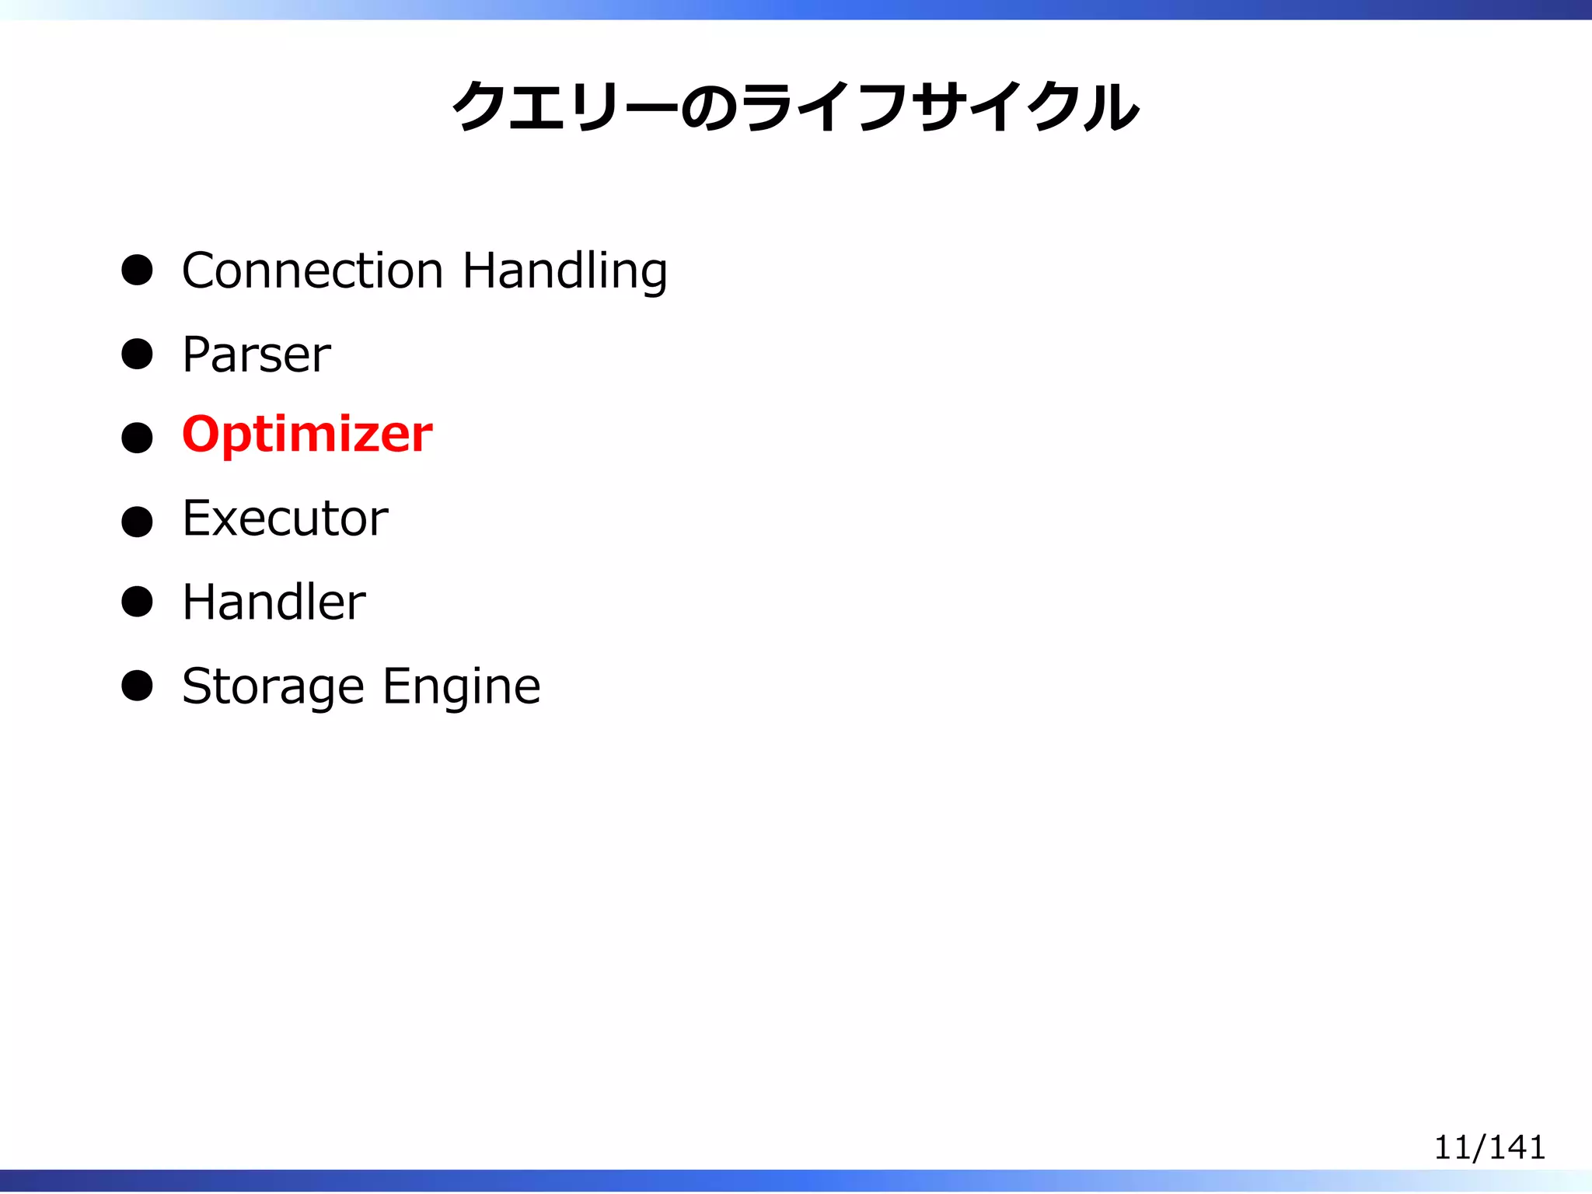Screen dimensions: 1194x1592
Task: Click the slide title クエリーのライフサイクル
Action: coord(795,106)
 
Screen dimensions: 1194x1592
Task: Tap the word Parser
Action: coord(257,354)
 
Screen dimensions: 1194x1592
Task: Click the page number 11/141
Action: coord(1489,1147)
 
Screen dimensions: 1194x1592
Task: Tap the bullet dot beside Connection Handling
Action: coord(137,271)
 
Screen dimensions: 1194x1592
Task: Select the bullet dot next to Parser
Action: coord(137,354)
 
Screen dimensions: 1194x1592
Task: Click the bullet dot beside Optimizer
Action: coord(137,438)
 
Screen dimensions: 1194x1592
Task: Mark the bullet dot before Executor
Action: coord(137,522)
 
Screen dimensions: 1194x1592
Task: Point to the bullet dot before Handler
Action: coord(137,602)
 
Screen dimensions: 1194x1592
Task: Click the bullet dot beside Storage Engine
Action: coord(137,686)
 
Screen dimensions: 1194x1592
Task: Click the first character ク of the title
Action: coord(480,106)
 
